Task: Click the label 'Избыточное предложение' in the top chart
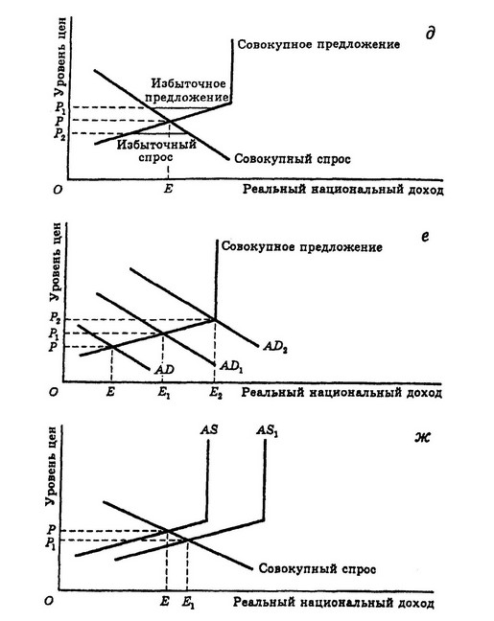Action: pos(190,90)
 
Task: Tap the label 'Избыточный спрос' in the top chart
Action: pos(156,150)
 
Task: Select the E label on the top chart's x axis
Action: pos(168,189)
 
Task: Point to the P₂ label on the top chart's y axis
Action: pos(59,133)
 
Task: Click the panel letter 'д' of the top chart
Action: pos(430,33)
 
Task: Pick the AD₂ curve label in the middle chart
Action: pos(275,347)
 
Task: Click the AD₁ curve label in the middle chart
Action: pos(231,366)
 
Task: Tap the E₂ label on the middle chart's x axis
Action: pos(216,393)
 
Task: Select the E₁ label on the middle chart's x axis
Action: pos(164,393)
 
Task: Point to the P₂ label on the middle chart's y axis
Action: pos(55,317)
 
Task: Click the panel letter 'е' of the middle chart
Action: pos(425,237)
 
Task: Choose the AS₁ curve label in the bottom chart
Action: pos(267,431)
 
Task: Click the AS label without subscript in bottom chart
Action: pos(209,429)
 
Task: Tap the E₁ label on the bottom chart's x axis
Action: pos(188,603)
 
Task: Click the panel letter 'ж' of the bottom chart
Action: pos(423,438)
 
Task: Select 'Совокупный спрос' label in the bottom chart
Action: pos(318,569)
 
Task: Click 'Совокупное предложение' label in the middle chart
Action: pos(302,247)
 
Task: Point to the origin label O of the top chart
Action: pos(58,190)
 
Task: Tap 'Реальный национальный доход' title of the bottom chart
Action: pos(334,603)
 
